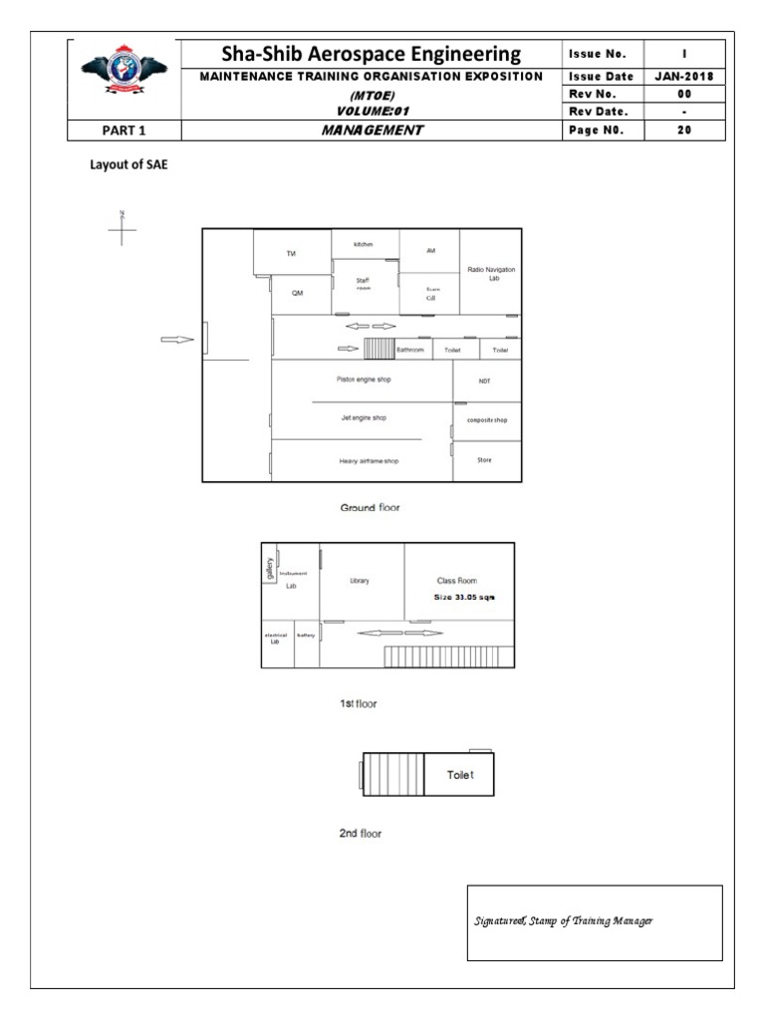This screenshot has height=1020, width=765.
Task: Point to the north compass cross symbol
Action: click(x=122, y=231)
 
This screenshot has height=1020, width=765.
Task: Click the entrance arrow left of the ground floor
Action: click(x=177, y=341)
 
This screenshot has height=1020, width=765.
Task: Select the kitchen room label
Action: click(x=364, y=244)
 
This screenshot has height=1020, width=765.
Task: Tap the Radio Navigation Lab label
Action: click(x=491, y=274)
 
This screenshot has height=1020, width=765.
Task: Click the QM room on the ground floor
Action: click(x=297, y=293)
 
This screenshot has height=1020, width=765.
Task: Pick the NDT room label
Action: click(x=484, y=381)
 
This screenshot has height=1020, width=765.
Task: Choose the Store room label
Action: click(x=484, y=460)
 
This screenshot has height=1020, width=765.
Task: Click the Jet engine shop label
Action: click(x=364, y=418)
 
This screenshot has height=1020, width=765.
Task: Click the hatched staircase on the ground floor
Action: click(x=379, y=349)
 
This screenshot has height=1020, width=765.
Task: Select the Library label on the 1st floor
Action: click(x=360, y=582)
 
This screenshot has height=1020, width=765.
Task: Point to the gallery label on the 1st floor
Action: click(x=269, y=568)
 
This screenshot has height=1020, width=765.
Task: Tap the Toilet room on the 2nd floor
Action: click(x=459, y=774)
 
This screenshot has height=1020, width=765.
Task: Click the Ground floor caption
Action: click(x=371, y=508)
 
